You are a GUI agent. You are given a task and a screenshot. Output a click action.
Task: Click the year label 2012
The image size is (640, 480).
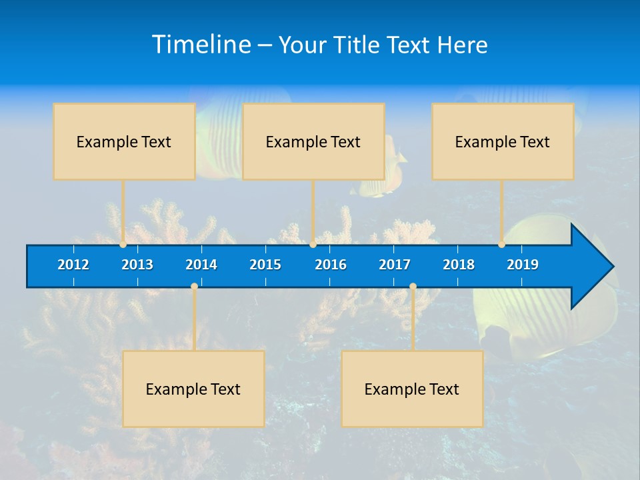pos(73,265)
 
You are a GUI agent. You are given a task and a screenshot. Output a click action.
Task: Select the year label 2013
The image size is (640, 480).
pos(137,265)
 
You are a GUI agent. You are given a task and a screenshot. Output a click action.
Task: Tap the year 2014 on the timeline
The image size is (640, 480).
pos(201,265)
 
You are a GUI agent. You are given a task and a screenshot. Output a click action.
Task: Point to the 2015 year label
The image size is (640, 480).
pos(265,265)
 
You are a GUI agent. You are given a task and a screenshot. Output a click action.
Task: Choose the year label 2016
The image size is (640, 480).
pos(331,265)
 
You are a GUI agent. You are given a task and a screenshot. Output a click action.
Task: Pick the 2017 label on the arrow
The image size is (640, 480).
pos(395,265)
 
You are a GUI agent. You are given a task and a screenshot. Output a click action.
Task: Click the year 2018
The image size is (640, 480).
pos(459,265)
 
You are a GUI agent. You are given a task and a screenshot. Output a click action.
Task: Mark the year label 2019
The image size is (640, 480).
pos(523,265)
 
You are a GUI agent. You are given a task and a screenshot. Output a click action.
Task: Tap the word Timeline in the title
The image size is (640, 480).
pos(201,45)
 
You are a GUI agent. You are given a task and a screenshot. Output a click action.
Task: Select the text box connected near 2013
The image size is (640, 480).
pos(124,141)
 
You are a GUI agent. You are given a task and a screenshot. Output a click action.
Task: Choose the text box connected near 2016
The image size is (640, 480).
pos(313,141)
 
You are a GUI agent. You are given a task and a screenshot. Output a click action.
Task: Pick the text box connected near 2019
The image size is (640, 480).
pos(503,141)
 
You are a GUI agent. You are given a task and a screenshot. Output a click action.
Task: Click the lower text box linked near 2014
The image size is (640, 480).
pos(193,389)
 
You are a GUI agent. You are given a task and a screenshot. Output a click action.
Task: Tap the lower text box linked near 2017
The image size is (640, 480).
pos(412,389)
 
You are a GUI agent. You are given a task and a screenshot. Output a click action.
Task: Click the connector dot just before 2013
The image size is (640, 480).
pos(123,245)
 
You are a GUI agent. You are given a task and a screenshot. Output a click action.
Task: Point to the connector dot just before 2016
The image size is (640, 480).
pos(313,245)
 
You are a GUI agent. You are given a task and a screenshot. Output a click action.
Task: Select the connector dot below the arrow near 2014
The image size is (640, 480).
pos(194,287)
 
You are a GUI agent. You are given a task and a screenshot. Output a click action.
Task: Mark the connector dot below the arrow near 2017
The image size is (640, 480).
pos(413,287)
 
